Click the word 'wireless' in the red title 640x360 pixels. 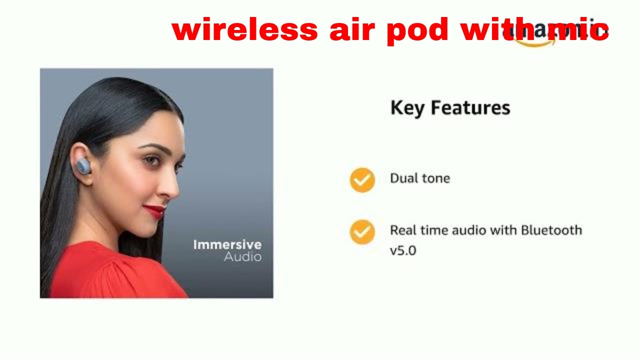point(244,30)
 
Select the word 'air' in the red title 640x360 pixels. point(352,30)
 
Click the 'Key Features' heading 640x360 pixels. point(450,108)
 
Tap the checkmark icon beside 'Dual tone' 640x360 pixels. point(362,180)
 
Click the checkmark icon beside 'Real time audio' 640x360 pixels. point(362,232)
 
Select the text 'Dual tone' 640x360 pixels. point(419,178)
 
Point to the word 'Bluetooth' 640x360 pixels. point(551,230)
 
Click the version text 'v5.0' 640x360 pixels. point(402,250)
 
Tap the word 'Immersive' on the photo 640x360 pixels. point(227,244)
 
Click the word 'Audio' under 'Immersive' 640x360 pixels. point(242,257)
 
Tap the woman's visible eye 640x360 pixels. point(150,160)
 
